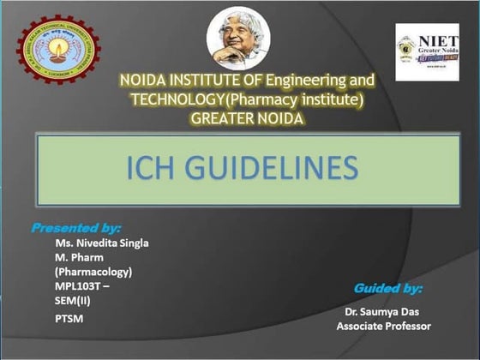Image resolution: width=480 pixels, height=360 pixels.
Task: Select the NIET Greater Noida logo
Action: pos(426,52)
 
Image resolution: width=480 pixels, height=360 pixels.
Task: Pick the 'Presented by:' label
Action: pos(76,228)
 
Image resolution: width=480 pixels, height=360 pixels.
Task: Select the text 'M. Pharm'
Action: pos(76,257)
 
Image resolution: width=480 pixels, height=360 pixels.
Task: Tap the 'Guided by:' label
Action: pos(387,288)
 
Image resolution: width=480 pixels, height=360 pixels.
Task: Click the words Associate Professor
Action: pos(383,327)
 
